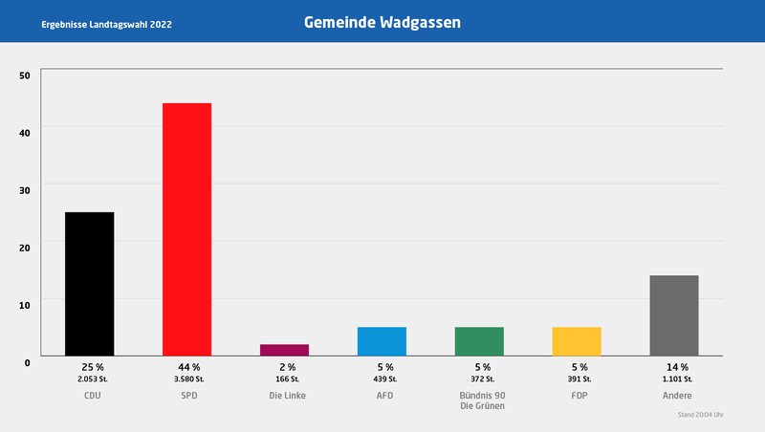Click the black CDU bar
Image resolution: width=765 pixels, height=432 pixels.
click(89, 284)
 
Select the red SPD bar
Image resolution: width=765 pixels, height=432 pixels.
click(186, 229)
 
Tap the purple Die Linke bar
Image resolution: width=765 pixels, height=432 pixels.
click(284, 350)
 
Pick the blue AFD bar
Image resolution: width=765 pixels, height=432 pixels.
click(382, 341)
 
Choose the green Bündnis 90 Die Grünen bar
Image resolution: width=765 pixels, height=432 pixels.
click(479, 341)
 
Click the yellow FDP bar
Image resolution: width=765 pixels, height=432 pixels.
click(577, 341)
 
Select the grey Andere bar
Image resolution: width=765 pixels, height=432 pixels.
click(674, 315)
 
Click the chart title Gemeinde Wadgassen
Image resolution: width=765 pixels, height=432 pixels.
click(382, 21)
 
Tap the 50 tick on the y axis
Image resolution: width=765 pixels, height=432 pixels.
click(25, 75)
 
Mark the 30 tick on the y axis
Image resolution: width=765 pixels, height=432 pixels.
click(25, 189)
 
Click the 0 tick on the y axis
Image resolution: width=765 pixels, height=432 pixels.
click(28, 361)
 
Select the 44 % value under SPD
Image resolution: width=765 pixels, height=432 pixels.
click(187, 367)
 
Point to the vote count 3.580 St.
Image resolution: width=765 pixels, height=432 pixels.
click(187, 379)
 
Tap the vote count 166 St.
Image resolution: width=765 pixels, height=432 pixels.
click(285, 379)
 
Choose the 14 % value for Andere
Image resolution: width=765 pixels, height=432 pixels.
click(675, 367)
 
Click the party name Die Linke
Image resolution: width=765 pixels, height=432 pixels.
click(285, 395)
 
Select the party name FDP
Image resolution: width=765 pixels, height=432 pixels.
click(578, 395)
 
